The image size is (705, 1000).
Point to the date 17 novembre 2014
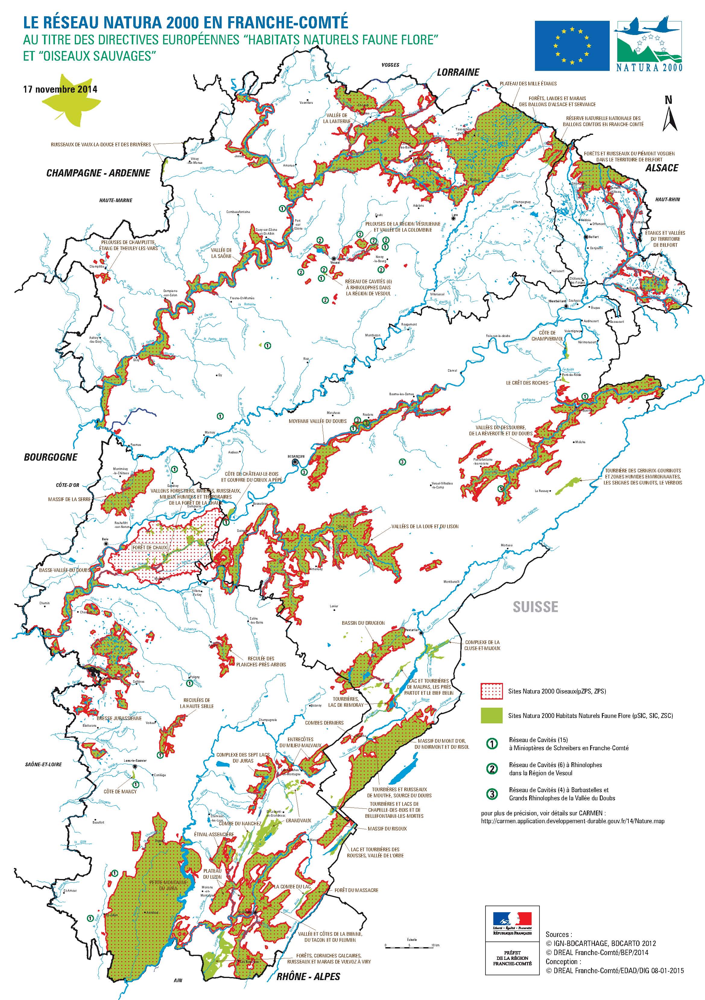[x=61, y=89]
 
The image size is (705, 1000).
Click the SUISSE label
[x=535, y=607]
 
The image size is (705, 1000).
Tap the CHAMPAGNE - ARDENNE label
[x=98, y=173]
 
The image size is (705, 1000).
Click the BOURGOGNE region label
[x=51, y=457]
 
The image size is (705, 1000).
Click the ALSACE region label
[x=662, y=168]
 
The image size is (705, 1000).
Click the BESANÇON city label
[x=296, y=456]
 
